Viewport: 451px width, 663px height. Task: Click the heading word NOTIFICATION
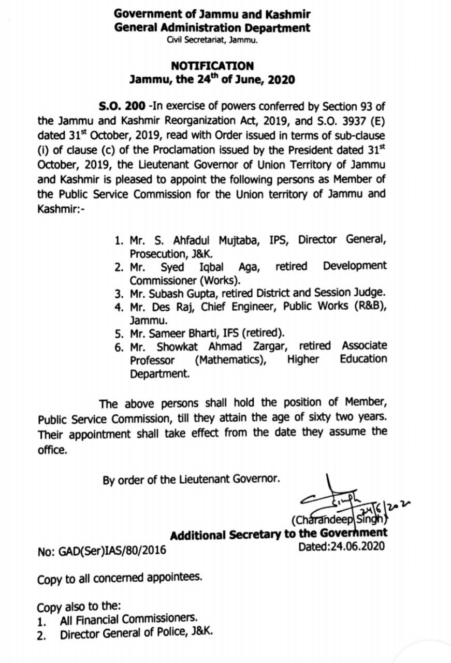pos(212,66)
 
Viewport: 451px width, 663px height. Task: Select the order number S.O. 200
pos(122,106)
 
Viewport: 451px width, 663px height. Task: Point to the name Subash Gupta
pos(178,293)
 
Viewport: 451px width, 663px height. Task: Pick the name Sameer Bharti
pos(178,333)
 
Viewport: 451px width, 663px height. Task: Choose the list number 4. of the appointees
pos(119,307)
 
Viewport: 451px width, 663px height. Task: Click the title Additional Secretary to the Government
pos(279,534)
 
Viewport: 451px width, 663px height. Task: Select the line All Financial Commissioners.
pos(128,619)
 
